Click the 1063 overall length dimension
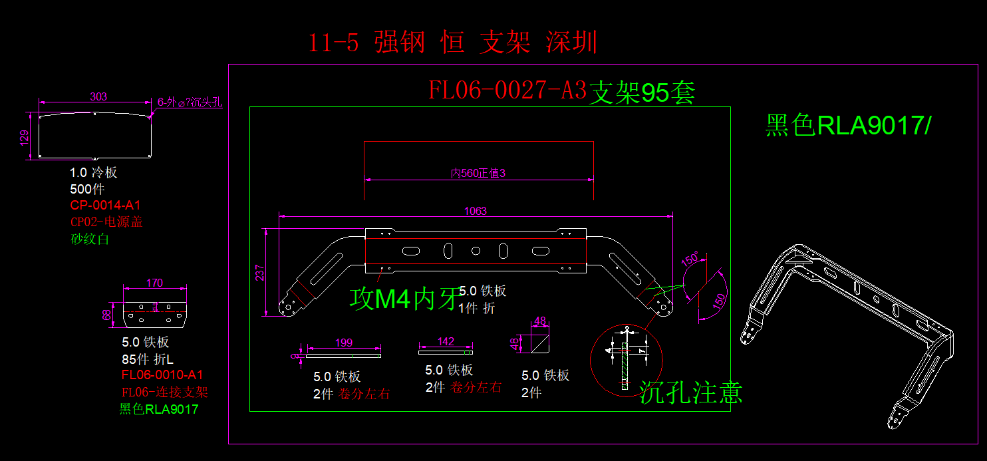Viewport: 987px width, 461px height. click(476, 211)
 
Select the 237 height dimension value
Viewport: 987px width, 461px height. click(260, 273)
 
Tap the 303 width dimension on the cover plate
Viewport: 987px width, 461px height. click(98, 96)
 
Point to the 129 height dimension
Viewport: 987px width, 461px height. click(25, 137)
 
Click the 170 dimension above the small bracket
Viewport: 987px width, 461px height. click(154, 283)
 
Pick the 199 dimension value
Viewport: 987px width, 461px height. click(344, 343)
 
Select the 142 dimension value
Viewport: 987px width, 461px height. click(446, 341)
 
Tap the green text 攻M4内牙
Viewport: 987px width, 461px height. click(404, 299)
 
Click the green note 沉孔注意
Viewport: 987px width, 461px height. click(691, 392)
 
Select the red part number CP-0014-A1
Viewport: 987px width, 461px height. click(105, 205)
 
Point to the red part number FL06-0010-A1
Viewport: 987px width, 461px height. click(162, 375)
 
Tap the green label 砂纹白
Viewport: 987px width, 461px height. click(90, 239)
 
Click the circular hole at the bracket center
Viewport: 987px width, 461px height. click(476, 251)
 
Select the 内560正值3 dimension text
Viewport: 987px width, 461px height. click(478, 174)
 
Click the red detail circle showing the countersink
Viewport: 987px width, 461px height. click(627, 360)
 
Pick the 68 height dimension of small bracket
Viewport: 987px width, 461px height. click(106, 314)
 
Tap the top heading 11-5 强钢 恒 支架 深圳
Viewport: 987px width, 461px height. click(452, 43)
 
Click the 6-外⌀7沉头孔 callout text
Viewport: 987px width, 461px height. click(190, 102)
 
